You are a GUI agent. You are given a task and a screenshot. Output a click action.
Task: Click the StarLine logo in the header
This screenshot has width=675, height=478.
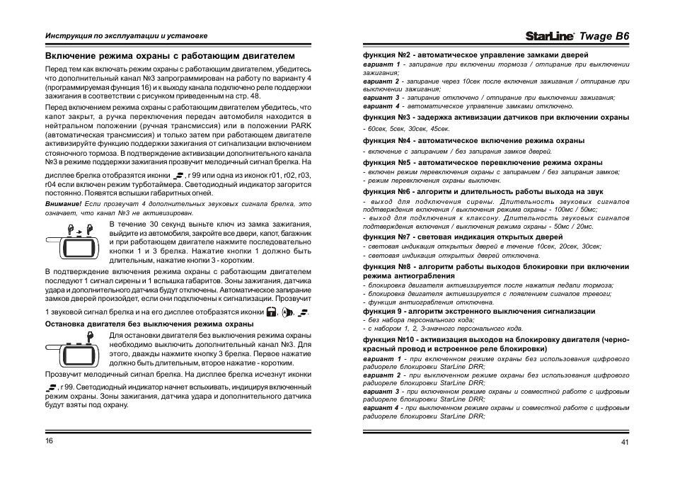(550, 35)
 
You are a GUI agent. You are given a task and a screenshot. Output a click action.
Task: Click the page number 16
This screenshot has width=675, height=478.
(50, 440)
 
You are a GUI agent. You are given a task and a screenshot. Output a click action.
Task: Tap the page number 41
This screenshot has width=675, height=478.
(625, 443)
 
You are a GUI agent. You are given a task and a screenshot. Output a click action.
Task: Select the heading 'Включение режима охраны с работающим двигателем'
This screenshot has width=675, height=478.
(169, 55)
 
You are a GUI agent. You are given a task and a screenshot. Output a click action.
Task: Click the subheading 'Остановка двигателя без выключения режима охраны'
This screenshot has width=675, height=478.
(149, 324)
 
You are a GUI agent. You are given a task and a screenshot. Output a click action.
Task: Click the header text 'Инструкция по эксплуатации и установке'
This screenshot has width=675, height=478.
(126, 35)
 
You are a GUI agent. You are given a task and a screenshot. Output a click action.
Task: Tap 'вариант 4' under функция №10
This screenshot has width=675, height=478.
(381, 409)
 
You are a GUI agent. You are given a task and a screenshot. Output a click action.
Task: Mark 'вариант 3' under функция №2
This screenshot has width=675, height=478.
(381, 98)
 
